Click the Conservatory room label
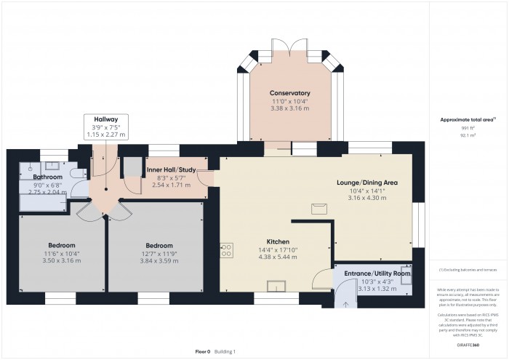[x=290, y=93]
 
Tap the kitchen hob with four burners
[x=226, y=250]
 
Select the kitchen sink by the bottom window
[x=276, y=284]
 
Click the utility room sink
[x=406, y=278]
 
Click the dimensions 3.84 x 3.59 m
[x=159, y=260]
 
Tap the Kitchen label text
[x=278, y=241]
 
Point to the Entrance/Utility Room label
[x=375, y=273]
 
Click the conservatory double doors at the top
[x=291, y=49]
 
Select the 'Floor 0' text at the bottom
[x=202, y=351]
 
